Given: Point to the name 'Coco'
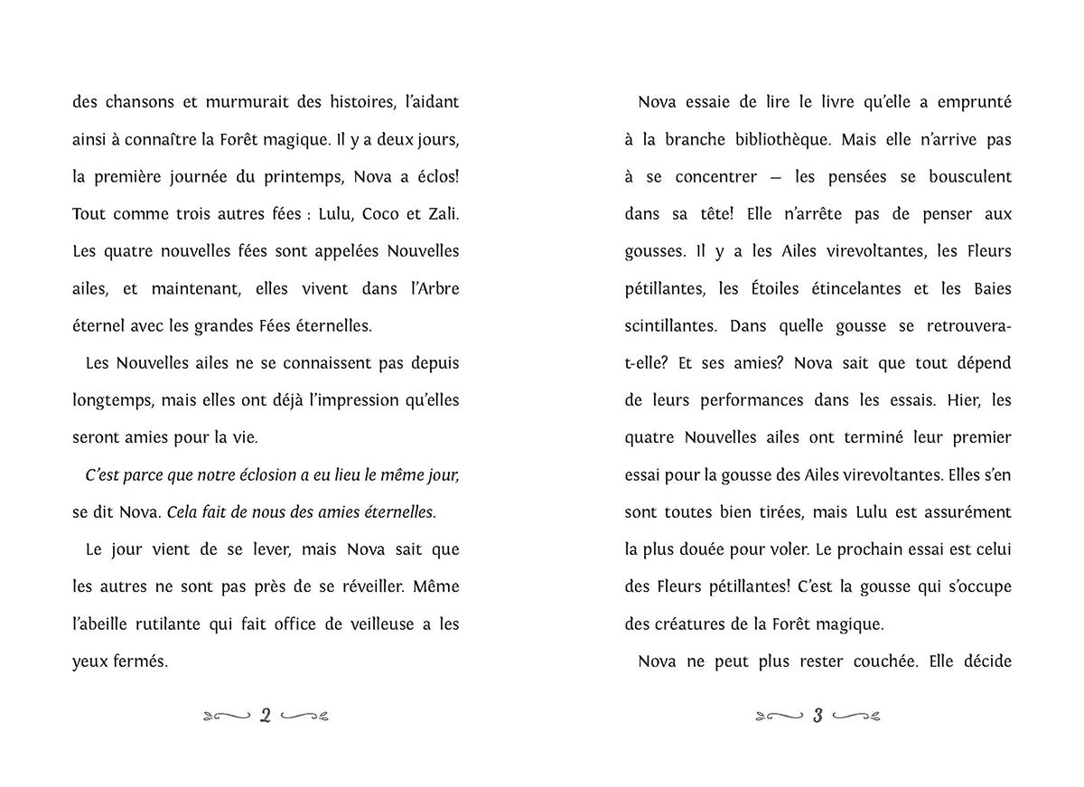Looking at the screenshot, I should coord(361,213).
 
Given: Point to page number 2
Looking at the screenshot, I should coord(266,717).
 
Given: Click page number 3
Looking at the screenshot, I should coord(817,717).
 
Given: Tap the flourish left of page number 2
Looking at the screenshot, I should coord(227,717).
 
